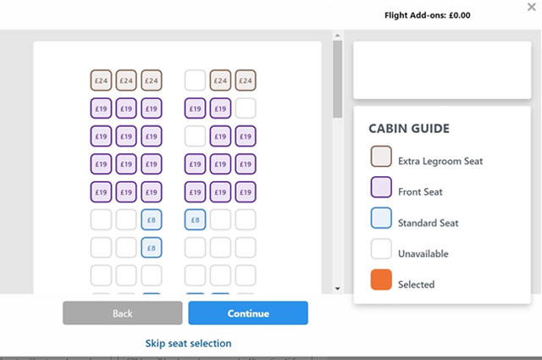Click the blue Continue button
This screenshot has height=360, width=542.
[248, 313]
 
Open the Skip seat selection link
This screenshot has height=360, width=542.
[188, 343]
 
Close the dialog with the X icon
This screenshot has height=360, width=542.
[531, 7]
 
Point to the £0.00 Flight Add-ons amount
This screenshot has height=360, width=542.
[458, 15]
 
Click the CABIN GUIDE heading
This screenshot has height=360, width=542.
[409, 129]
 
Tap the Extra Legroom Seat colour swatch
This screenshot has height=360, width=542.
[381, 158]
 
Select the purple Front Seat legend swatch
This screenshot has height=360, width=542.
[381, 190]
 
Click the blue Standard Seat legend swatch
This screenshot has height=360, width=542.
[381, 221]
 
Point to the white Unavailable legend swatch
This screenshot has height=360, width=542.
[381, 252]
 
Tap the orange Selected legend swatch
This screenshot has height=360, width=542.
[381, 284]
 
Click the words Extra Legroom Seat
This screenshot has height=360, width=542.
[440, 161]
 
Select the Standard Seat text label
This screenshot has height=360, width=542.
[429, 224]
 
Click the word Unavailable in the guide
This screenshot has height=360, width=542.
[423, 254]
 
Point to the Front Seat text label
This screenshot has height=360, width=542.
[422, 192]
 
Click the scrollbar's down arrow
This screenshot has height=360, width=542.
[338, 288]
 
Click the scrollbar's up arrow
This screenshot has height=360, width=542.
[338, 36]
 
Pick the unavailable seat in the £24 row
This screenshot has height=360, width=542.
[195, 80]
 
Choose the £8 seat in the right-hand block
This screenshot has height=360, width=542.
[195, 220]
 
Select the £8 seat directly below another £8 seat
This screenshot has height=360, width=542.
[152, 248]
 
